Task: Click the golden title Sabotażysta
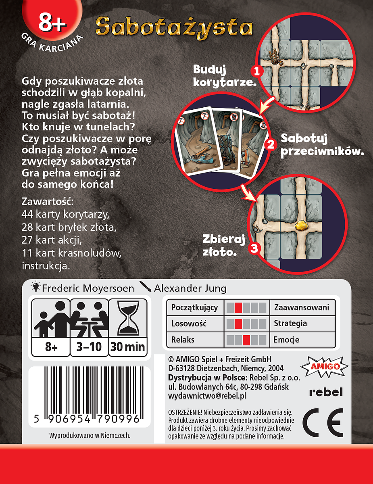tap(174, 28)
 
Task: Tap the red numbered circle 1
tap(257, 72)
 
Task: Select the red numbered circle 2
tap(271, 145)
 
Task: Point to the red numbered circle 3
tap(254, 248)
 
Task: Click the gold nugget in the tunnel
tap(302, 225)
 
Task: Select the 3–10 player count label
tap(89, 347)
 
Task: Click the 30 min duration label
tap(127, 347)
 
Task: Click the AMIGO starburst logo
tap(324, 367)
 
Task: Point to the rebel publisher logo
tap(326, 392)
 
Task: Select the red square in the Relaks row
tap(246, 340)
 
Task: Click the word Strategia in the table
tap(290, 323)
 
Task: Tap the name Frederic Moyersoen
tap(88, 288)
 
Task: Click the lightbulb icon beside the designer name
tap(36, 287)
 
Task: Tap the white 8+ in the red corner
tap(52, 23)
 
